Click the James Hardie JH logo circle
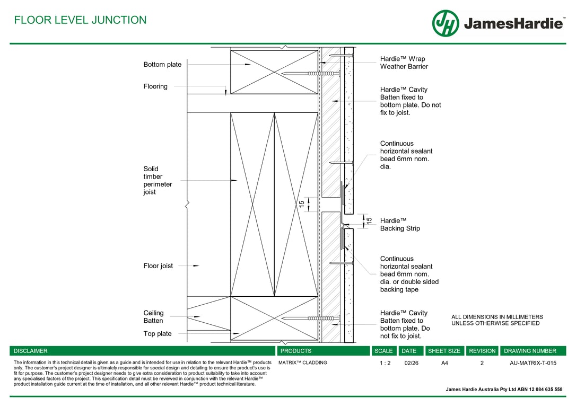coord(446,23)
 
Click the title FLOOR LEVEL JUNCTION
coord(80,20)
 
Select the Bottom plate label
coord(162,65)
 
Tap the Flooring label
coord(155,86)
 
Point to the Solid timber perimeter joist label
coord(158,181)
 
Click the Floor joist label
coord(158,266)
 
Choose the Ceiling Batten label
coord(153,317)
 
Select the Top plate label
coord(158,334)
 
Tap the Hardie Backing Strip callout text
coord(400,224)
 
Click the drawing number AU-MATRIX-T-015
coord(533,363)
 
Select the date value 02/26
coord(411,363)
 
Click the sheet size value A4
coord(444,363)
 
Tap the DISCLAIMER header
coord(30,351)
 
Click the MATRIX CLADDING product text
coord(303,363)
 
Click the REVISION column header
coord(482,351)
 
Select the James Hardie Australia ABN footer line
coord(504,390)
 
